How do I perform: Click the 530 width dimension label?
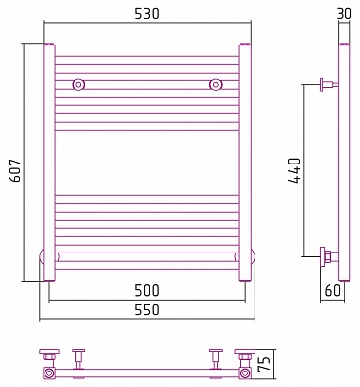(x=147, y=14)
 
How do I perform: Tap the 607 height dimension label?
(x=15, y=170)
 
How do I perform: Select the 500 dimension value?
(x=147, y=290)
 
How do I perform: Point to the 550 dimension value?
(x=147, y=310)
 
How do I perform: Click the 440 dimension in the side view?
(x=294, y=171)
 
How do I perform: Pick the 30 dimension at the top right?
(x=344, y=14)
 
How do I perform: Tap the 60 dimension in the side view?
(x=332, y=291)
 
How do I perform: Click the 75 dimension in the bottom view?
(x=265, y=365)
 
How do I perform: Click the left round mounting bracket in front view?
(x=78, y=84)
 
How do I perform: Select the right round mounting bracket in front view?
(x=215, y=84)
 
